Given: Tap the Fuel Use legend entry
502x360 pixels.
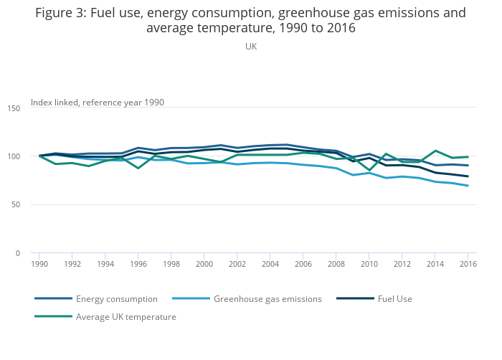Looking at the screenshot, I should pyautogui.click(x=394, y=299).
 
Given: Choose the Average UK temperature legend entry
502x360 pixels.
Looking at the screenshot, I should pyautogui.click(x=126, y=317).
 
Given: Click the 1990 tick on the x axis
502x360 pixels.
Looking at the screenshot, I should pyautogui.click(x=39, y=264).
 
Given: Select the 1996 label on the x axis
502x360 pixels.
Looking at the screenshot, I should pyautogui.click(x=138, y=264).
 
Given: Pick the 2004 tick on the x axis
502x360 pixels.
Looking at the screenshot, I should pyautogui.click(x=270, y=264).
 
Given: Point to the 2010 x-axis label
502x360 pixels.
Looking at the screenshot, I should pyautogui.click(x=369, y=264).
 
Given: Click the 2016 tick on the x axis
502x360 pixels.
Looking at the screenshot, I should pyautogui.click(x=468, y=264).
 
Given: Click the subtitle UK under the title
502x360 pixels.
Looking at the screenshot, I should pyautogui.click(x=251, y=47).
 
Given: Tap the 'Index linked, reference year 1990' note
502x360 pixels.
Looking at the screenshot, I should pyautogui.click(x=98, y=103).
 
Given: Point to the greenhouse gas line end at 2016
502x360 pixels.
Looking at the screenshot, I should pyautogui.click(x=468, y=186).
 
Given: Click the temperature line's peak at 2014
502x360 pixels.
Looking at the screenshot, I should pyautogui.click(x=435, y=151).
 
